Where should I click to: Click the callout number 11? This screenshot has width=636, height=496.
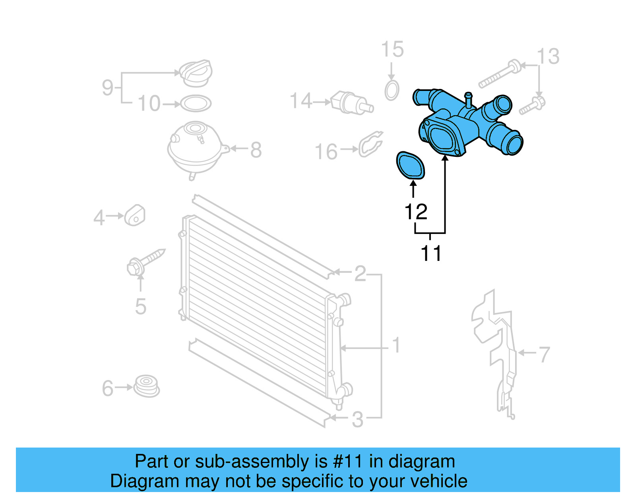point(431,253)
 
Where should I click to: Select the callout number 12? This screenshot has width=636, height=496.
point(416,212)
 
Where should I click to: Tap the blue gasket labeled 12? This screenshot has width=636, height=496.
point(411,165)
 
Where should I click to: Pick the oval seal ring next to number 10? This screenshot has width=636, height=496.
point(196,104)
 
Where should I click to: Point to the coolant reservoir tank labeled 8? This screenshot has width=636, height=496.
point(195,149)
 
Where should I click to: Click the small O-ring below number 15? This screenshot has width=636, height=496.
point(392,91)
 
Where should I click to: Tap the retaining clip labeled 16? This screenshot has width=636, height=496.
point(370,144)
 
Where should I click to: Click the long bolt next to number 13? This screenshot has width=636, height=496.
point(499,75)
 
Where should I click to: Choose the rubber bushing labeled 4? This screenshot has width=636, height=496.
point(135,216)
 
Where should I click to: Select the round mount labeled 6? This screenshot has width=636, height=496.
point(146,385)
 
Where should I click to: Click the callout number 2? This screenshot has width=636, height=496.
point(360,273)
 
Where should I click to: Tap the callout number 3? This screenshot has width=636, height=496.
point(358,419)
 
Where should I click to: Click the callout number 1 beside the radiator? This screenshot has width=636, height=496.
point(396,345)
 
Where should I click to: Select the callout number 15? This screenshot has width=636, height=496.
point(392,50)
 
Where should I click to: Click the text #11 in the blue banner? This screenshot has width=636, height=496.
point(348,461)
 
